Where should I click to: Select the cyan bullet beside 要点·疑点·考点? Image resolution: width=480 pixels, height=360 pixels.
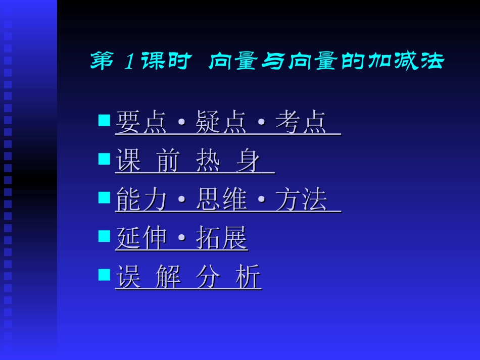104,120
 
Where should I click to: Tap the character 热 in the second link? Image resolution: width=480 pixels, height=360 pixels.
208,161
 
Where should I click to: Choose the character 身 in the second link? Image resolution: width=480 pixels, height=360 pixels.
248,161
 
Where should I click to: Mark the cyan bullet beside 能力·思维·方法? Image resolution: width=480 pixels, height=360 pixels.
104,197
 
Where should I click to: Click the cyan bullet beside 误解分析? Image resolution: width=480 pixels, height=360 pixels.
104,274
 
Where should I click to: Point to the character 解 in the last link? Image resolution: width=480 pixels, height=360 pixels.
168,277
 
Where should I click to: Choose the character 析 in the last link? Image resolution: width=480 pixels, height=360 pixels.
248,277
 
